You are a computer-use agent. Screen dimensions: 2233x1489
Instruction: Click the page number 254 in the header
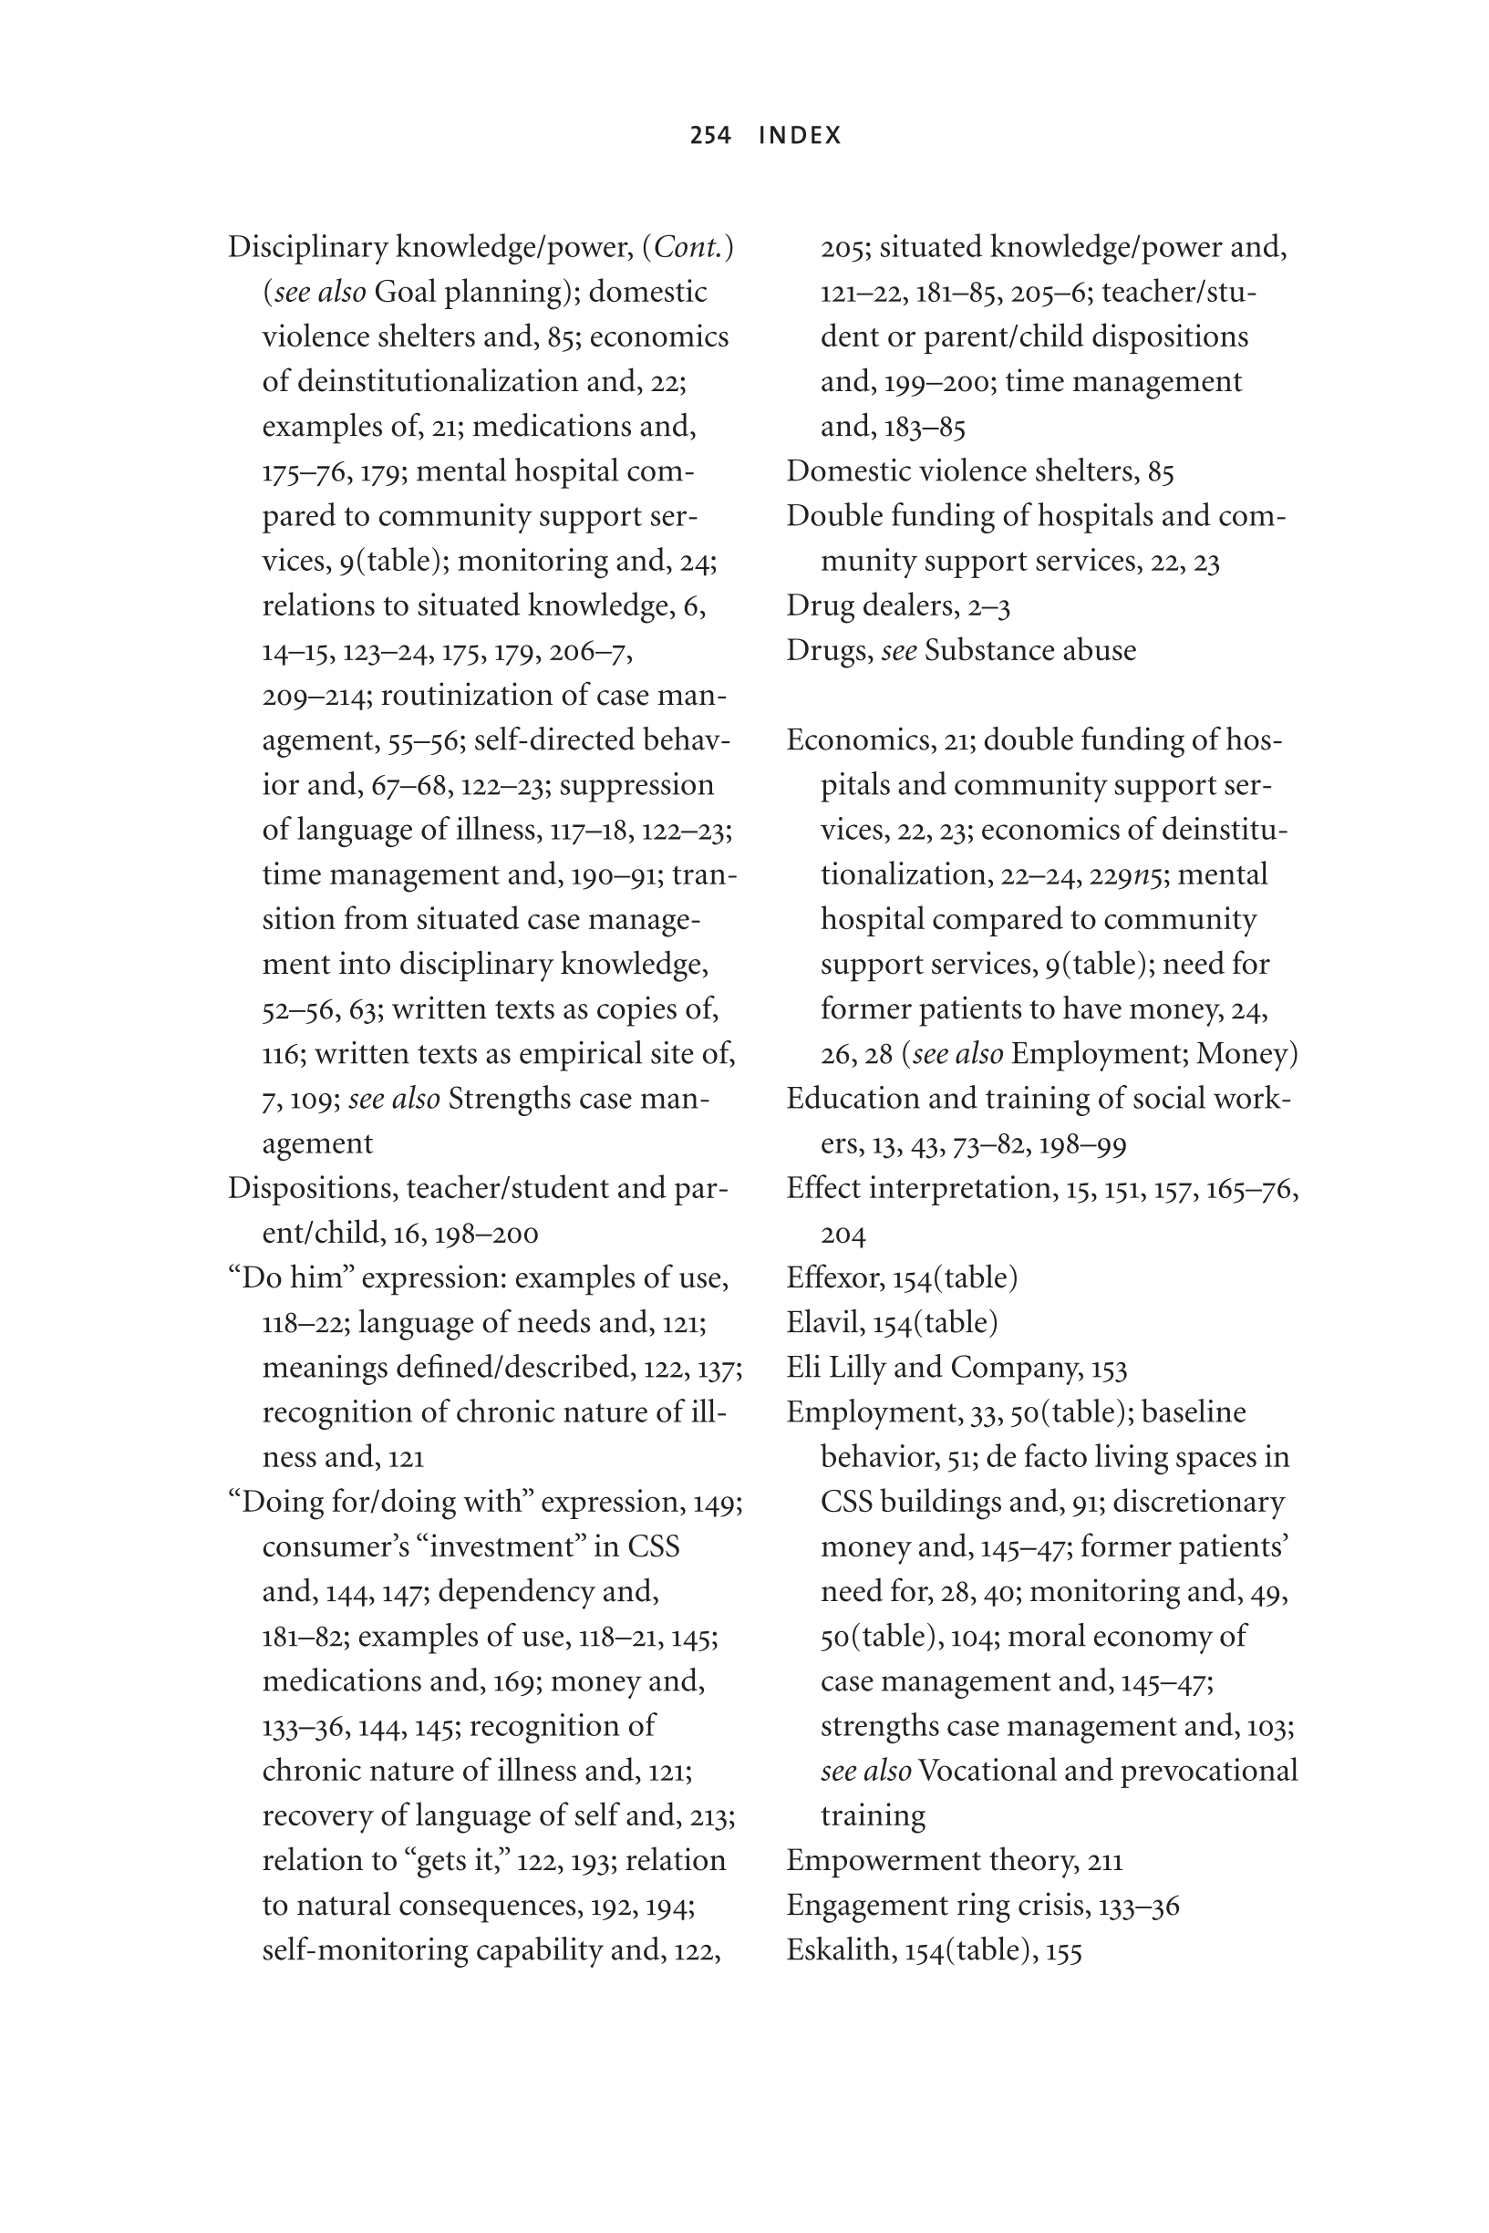(710, 136)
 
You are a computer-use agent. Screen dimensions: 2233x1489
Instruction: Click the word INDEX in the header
(800, 136)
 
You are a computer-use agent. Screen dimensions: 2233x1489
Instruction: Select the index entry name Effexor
(833, 1278)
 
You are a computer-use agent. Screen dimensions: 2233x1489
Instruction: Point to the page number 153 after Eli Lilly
(1109, 1368)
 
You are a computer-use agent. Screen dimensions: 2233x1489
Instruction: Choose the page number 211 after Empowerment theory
(1104, 1861)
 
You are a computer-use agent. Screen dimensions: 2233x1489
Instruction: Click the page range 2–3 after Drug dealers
(990, 605)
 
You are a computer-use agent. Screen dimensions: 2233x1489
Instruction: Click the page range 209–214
(315, 696)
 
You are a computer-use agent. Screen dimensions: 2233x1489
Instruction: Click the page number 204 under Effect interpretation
(843, 1235)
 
